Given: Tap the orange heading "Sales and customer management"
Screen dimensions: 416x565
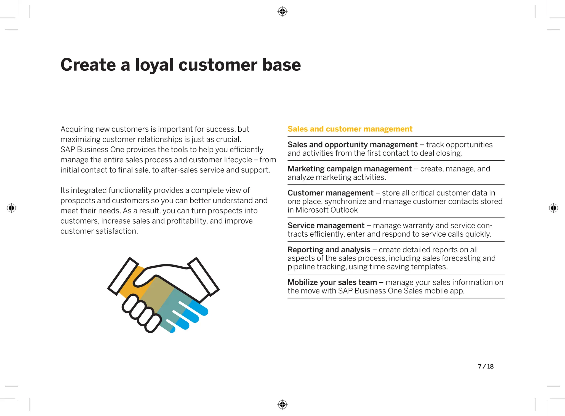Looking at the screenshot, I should tap(350, 129).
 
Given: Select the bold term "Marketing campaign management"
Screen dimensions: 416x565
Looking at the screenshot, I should tap(350, 169).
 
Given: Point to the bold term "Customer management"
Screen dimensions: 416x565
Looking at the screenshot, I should tap(330, 193).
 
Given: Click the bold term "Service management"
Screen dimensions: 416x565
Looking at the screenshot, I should tap(326, 226).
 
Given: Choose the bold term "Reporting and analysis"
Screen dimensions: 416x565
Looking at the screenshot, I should tap(329, 250).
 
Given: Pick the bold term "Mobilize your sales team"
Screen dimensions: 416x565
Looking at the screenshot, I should tap(332, 282).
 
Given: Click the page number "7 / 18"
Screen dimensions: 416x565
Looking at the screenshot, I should tap(486, 366).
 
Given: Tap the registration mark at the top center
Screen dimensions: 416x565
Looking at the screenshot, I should tap(282, 12).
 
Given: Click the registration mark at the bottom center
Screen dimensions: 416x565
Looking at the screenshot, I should tap(282, 404).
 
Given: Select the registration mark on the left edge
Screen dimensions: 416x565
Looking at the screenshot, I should tap(12, 208).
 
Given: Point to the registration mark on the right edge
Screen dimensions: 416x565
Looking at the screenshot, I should tap(553, 208).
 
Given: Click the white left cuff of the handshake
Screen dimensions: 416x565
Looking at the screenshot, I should tap(123, 276).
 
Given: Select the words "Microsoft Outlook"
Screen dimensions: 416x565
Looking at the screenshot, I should tap(326, 210).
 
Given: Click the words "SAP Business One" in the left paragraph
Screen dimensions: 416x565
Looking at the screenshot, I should tap(92, 150).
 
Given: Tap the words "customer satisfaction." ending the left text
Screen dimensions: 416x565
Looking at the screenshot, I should tap(99, 231).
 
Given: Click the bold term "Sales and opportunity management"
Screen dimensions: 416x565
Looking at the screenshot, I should tap(352, 145).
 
